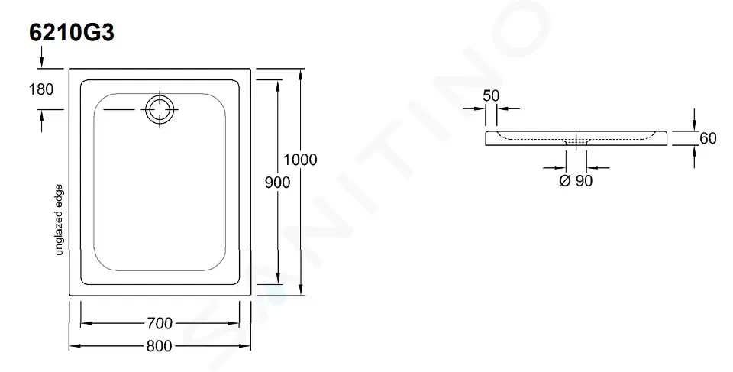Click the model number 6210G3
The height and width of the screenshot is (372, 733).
coord(72,33)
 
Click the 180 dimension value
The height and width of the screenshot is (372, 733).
coord(41,89)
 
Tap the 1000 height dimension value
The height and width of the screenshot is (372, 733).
coord(300,160)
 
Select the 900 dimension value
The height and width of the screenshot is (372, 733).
coord(277,182)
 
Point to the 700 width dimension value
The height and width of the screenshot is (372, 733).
coord(160,323)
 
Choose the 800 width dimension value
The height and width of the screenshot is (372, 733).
coord(160,346)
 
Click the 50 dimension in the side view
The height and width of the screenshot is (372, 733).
coord(491,96)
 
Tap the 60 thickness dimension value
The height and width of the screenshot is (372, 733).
coord(708,138)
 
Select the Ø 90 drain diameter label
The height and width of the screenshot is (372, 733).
coord(576,180)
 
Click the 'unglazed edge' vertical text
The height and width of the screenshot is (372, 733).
coord(59,220)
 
